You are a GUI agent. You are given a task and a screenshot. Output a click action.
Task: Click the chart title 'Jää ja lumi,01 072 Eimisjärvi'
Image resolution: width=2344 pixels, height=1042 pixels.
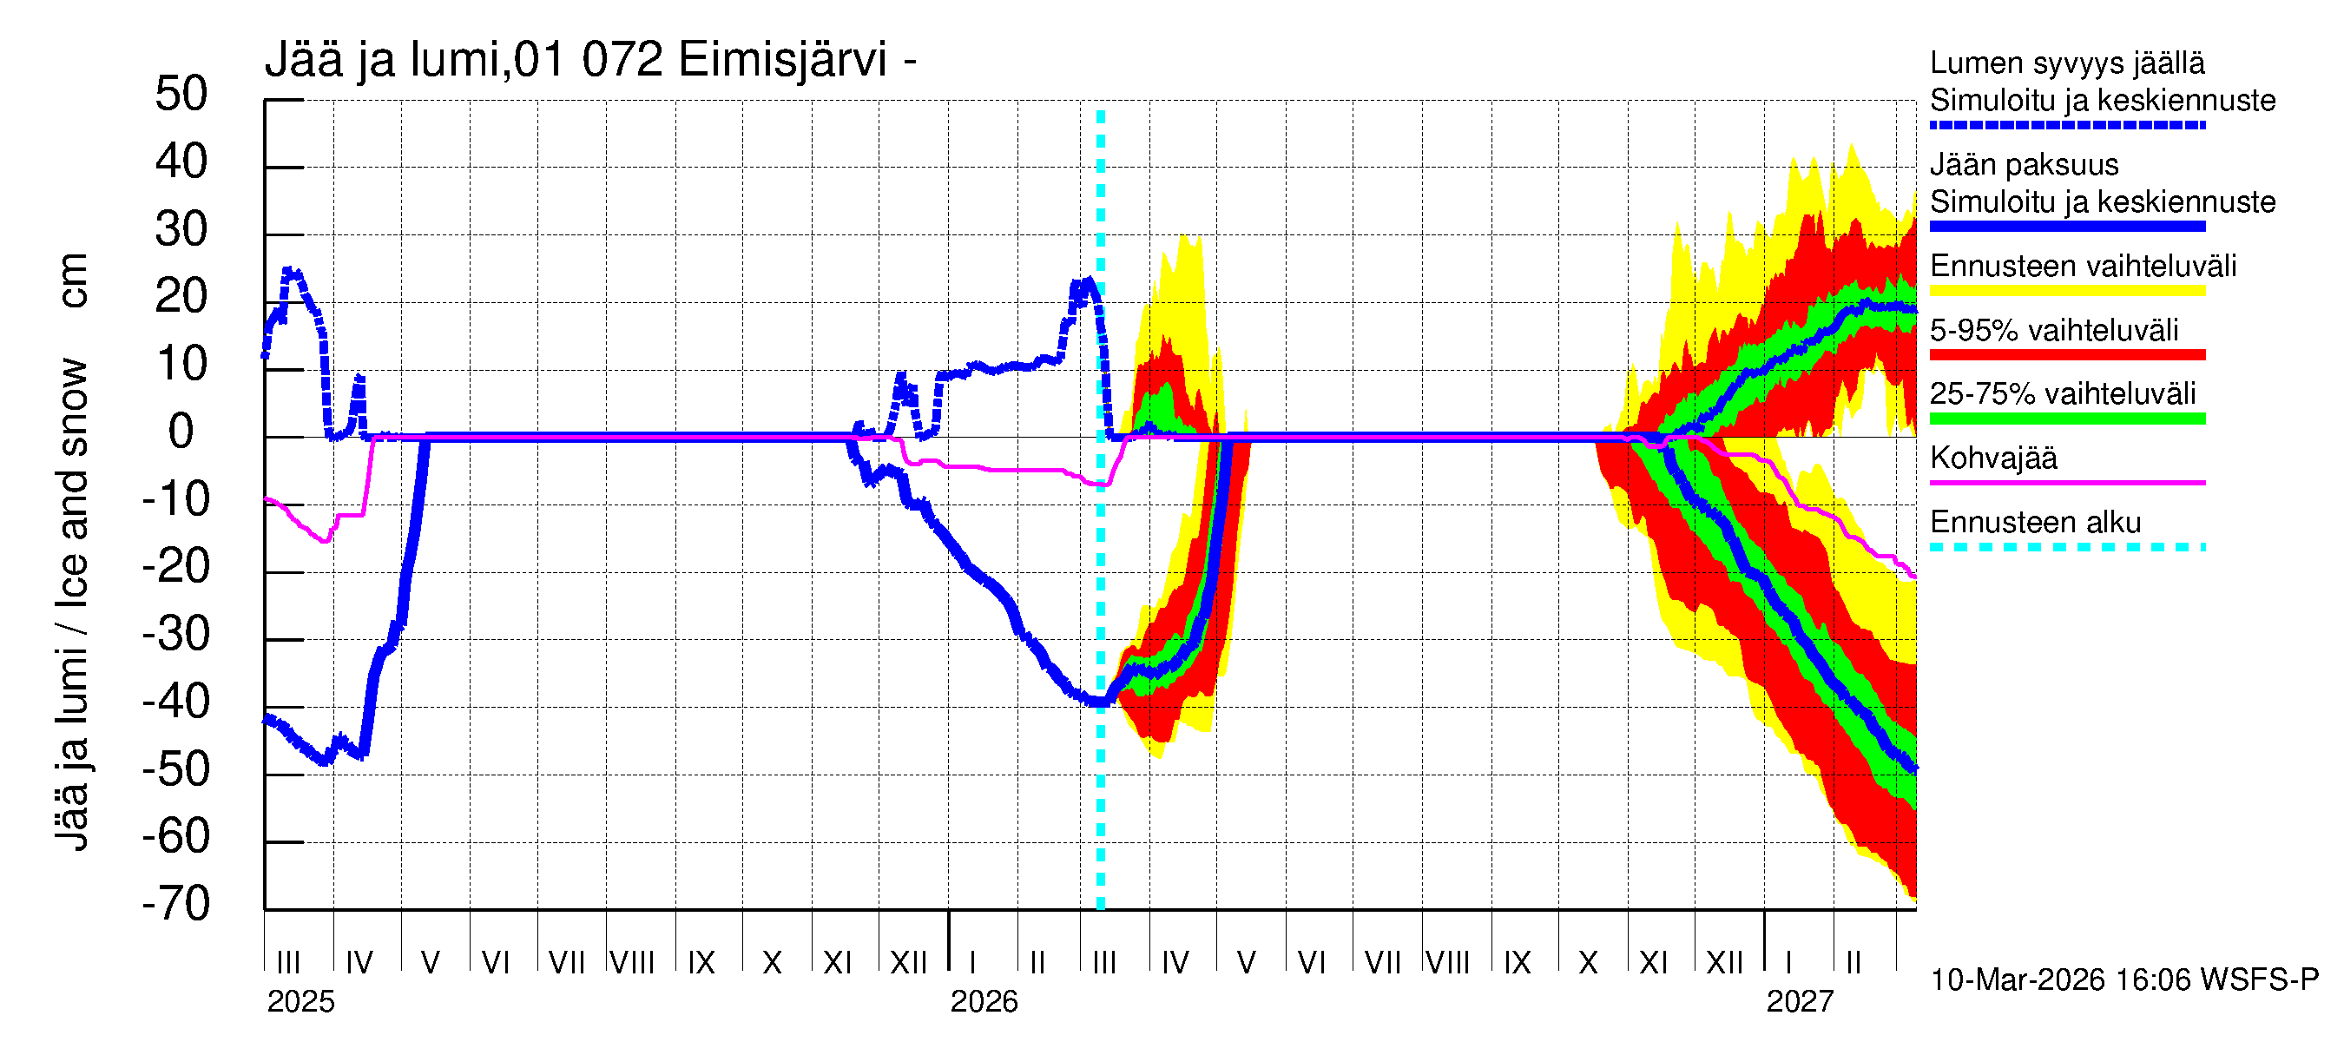589,60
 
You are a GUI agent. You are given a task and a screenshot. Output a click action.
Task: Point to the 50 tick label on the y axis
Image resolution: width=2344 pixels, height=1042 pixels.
181,94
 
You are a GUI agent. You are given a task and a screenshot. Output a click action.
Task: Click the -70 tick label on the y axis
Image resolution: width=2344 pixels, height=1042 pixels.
175,904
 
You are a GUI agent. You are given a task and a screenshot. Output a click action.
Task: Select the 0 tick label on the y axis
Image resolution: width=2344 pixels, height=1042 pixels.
181,432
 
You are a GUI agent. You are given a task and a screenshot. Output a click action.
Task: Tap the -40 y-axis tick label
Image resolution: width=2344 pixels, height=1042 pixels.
175,702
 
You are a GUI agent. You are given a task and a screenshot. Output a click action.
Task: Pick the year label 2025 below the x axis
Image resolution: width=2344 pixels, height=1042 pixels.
300,1002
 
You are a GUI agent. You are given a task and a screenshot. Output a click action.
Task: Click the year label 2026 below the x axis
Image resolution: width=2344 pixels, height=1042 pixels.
984,1002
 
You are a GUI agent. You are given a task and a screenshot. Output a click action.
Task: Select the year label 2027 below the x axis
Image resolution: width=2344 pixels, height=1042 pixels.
1799,1002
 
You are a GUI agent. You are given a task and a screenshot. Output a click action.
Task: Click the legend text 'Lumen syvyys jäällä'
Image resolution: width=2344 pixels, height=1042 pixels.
2067,63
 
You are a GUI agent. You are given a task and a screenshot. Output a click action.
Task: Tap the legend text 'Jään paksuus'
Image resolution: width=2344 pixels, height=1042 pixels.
2024,165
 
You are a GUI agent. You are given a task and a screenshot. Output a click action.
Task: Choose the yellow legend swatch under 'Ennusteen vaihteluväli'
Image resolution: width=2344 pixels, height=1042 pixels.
2067,291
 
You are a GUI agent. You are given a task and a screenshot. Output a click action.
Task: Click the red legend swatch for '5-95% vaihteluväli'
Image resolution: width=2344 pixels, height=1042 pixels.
2067,355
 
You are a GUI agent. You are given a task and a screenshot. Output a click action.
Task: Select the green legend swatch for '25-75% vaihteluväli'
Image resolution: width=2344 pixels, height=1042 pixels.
2067,419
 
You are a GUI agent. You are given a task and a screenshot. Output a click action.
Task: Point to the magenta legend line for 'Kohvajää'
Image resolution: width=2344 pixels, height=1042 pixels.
2067,482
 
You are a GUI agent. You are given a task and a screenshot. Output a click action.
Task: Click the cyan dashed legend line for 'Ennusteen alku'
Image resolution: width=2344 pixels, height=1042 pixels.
2067,547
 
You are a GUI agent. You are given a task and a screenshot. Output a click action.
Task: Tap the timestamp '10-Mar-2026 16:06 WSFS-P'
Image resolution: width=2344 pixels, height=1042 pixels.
2123,980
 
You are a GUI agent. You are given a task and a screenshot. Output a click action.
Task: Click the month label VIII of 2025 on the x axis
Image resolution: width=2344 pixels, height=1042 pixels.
631,963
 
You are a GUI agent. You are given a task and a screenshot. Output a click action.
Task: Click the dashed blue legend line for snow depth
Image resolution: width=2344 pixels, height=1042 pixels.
2067,125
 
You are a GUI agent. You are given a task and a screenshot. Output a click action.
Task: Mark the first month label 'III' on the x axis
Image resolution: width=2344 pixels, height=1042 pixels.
287,963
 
